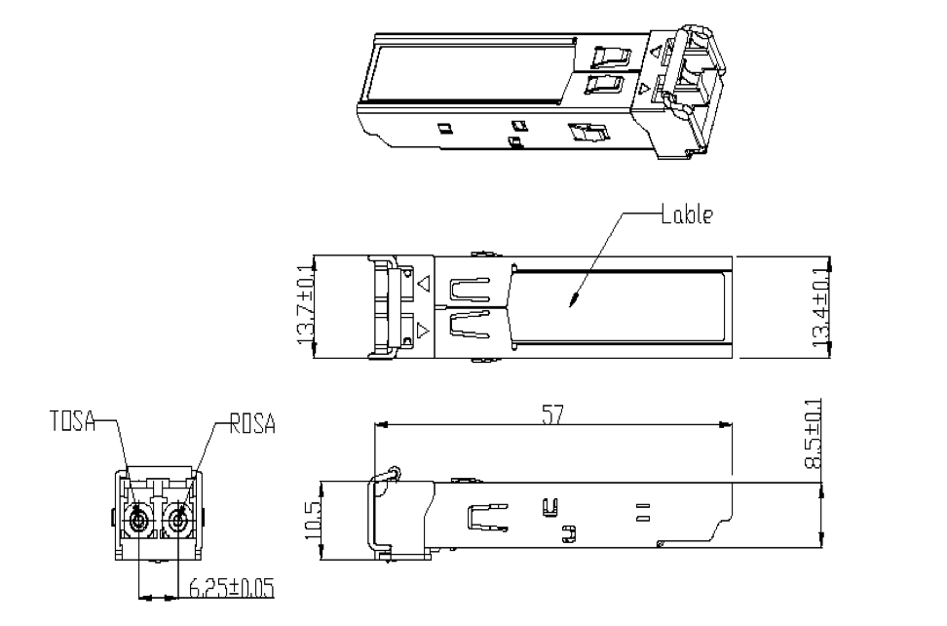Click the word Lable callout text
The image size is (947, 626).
tap(687, 215)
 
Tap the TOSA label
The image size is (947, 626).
tap(72, 421)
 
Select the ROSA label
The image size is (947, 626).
tap(252, 424)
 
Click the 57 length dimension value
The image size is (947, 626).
tap(552, 415)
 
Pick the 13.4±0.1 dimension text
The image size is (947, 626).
tap(820, 307)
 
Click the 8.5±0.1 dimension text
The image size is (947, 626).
tap(813, 434)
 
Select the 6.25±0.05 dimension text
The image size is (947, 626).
tap(232, 588)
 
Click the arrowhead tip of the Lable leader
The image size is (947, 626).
tap(571, 304)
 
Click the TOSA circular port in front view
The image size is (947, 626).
tap(138, 519)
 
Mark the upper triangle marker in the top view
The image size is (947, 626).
tap(424, 283)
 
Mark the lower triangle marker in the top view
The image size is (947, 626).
tap(424, 331)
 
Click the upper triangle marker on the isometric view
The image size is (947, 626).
tap(656, 51)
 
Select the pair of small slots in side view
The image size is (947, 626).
tap(643, 512)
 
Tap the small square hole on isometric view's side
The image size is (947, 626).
tap(444, 128)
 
